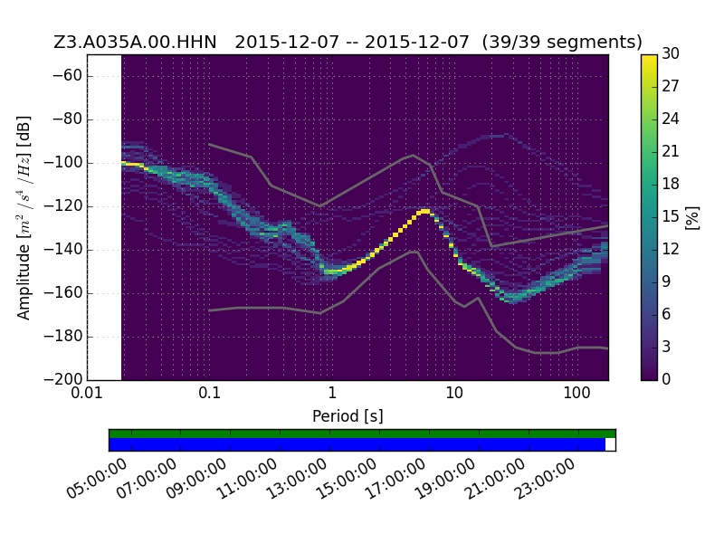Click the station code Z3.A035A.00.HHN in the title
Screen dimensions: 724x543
135,43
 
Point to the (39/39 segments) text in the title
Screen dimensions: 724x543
562,43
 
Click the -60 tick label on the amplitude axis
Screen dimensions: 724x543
67,75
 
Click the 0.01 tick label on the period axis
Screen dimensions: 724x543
87,394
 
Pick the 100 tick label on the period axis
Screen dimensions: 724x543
576,394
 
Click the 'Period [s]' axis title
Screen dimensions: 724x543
348,416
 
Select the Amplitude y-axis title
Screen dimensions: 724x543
24,217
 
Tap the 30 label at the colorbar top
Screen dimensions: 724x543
671,53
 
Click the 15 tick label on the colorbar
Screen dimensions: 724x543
671,216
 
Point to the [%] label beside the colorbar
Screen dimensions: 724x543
692,217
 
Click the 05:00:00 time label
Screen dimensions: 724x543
97,479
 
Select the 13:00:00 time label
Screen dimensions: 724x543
297,479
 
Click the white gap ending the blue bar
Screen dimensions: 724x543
610,444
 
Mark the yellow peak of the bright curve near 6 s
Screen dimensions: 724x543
424,212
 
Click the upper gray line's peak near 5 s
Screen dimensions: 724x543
414,155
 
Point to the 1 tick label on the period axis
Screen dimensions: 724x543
332,394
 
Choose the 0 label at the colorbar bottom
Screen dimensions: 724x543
666,379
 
